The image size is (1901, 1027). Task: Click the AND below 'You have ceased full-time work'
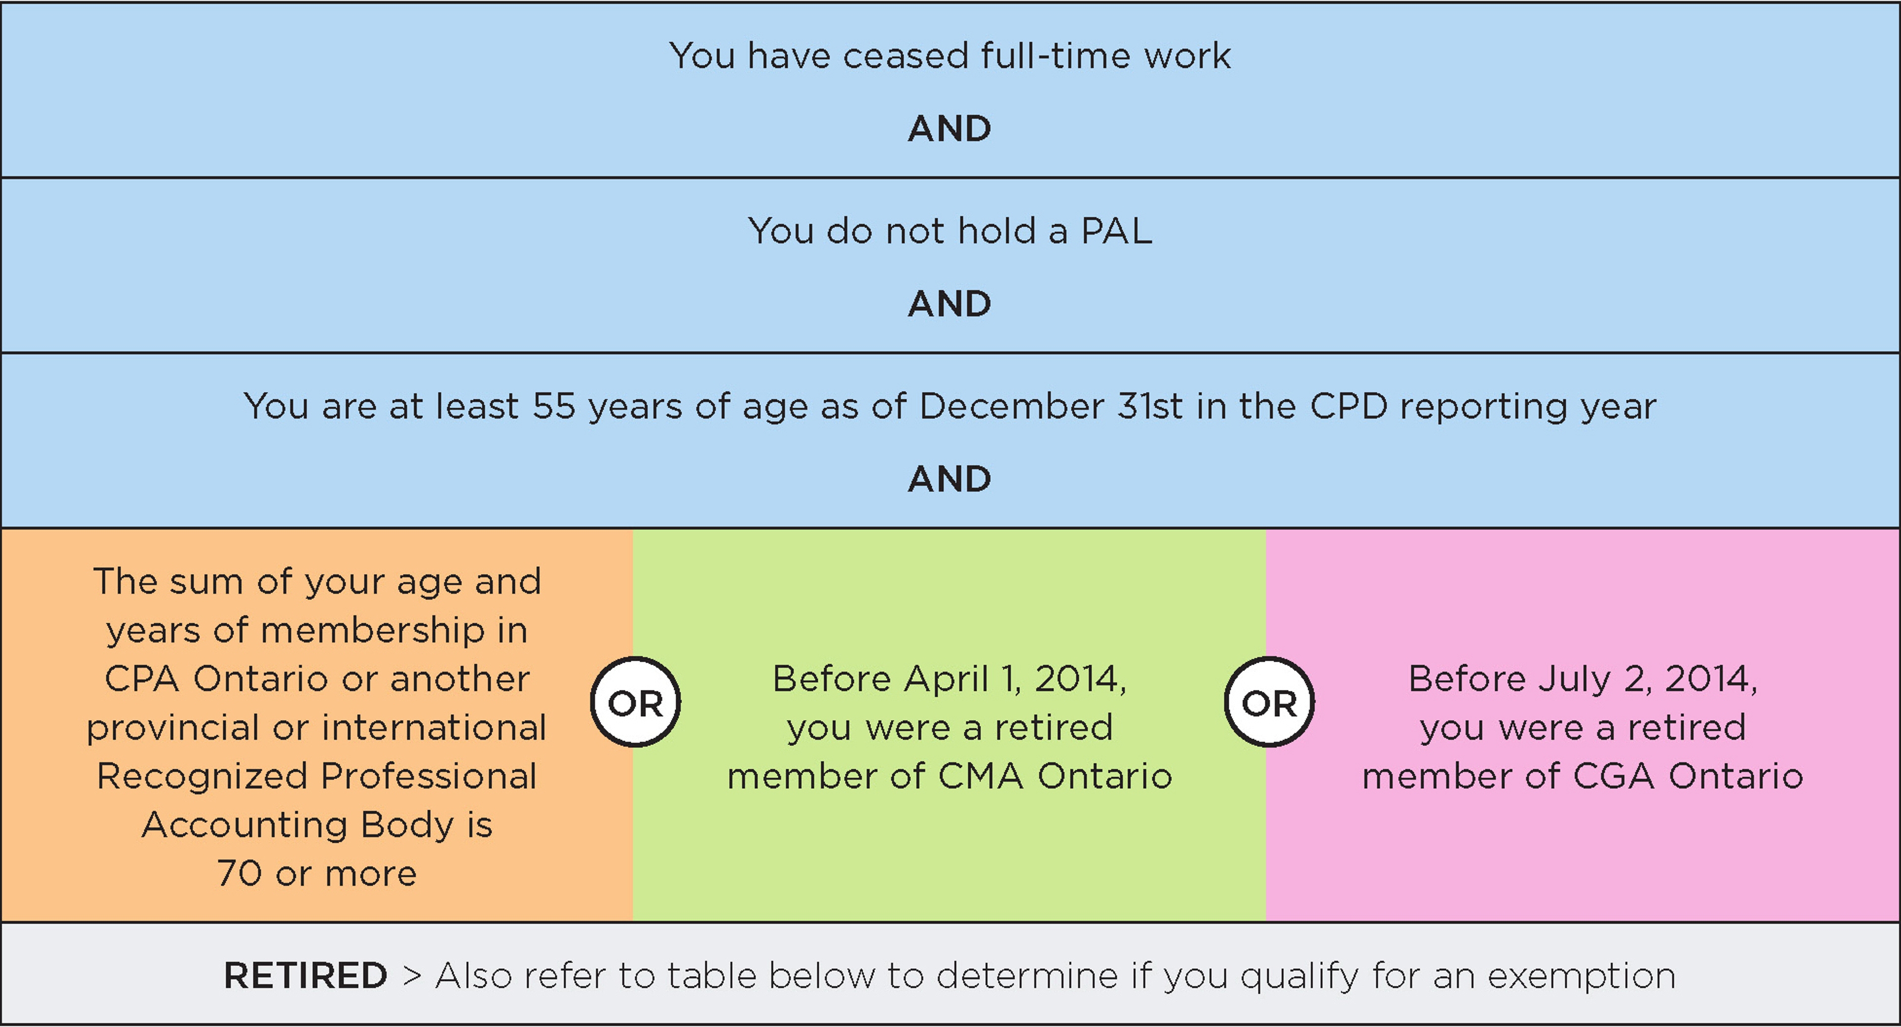[x=950, y=129]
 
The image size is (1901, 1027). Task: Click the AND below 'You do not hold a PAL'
[x=950, y=304]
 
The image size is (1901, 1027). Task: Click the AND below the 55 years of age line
[x=950, y=480]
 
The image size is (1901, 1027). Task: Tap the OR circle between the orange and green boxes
[x=635, y=702]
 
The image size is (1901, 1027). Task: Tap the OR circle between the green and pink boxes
[x=1269, y=702]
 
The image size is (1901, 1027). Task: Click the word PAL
[x=1116, y=231]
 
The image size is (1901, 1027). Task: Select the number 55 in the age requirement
[x=553, y=406]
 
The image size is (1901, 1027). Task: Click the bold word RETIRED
[x=305, y=976]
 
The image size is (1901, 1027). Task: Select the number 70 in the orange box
[x=240, y=874]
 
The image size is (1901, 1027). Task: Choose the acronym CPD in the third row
[x=1349, y=406]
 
